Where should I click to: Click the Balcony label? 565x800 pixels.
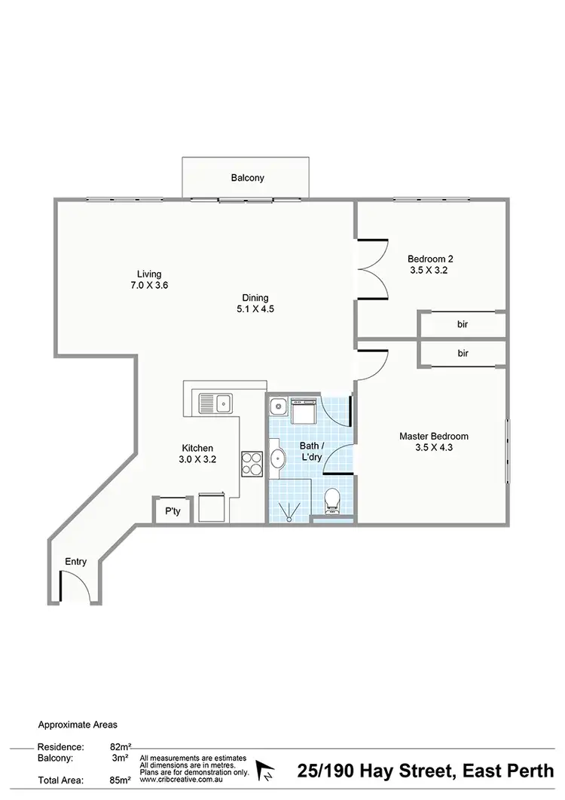(247, 179)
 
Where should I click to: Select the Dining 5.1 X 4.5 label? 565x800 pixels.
(255, 302)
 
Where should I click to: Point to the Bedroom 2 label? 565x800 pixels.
(430, 264)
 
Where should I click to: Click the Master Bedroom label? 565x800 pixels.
(434, 442)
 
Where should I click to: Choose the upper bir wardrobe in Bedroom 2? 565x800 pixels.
(463, 325)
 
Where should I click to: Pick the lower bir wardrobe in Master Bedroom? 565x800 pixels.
(463, 353)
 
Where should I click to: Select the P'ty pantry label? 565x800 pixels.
(173, 512)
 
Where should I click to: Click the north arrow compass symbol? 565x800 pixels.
(265, 771)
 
